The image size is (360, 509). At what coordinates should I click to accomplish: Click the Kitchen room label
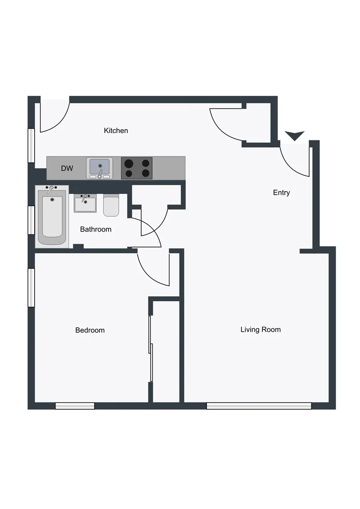tap(116, 131)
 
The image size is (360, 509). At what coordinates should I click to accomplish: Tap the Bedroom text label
tap(90, 330)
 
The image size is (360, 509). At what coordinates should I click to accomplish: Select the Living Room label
tap(261, 330)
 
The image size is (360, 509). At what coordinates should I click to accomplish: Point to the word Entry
tap(282, 193)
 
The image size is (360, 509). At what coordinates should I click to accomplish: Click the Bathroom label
tap(96, 229)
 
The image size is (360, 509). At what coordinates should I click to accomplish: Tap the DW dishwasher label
tap(67, 169)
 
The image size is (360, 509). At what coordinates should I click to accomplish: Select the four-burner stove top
tap(137, 168)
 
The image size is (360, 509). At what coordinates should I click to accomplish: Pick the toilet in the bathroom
tap(111, 205)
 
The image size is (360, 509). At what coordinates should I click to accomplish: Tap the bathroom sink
tap(85, 204)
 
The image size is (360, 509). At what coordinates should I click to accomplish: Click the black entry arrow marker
tap(295, 135)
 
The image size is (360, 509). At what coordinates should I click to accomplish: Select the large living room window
tap(259, 406)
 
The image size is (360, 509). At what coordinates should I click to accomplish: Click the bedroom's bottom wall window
tap(75, 406)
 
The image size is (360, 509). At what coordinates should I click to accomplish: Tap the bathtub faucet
tap(50, 189)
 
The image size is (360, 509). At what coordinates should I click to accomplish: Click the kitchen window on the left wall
tap(31, 145)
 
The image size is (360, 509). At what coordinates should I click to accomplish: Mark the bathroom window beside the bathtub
tap(31, 220)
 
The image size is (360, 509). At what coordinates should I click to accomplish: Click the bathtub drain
tap(53, 199)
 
